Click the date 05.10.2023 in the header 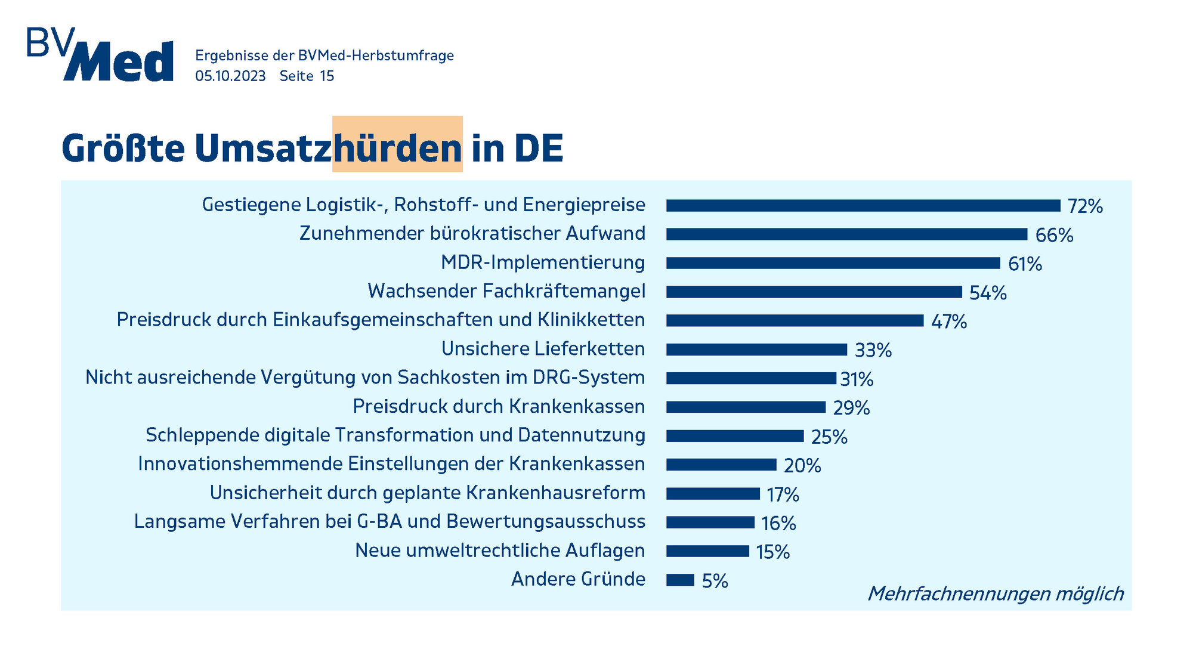[x=230, y=76]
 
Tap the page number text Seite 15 [x=307, y=76]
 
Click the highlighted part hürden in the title [x=397, y=147]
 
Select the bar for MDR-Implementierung [x=833, y=263]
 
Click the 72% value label [x=1085, y=206]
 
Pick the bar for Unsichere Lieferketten [x=756, y=350]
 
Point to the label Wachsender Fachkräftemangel [x=506, y=291]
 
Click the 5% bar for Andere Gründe [x=680, y=580]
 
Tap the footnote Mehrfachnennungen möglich [x=995, y=593]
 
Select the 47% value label [x=948, y=321]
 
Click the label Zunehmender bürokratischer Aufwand [x=472, y=233]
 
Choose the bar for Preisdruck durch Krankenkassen [x=746, y=407]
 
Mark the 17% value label [x=783, y=494]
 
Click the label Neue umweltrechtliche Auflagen [x=499, y=551]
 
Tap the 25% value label [x=829, y=437]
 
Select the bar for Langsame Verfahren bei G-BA [x=710, y=522]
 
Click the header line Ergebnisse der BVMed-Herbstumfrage [x=324, y=55]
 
